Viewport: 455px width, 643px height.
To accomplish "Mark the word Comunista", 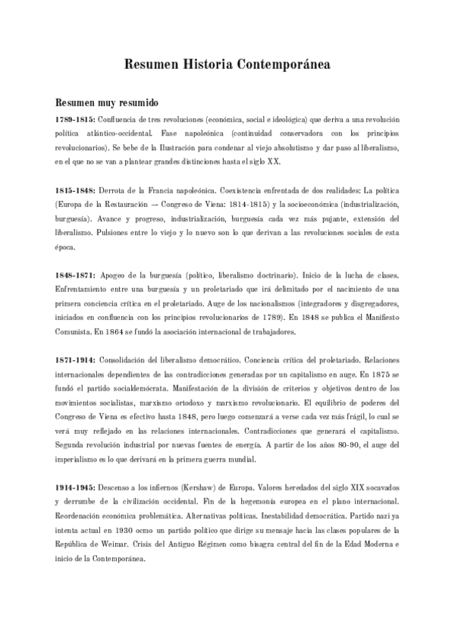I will (74, 331).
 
